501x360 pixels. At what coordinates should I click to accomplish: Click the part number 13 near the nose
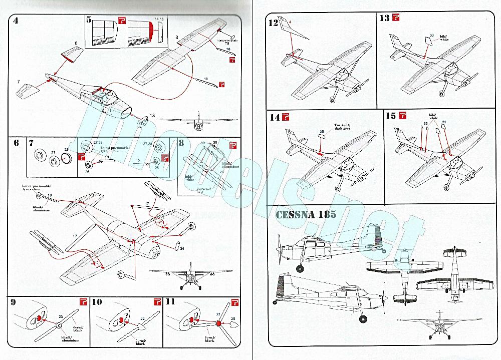tap(152, 116)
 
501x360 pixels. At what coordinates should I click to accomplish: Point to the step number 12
tap(273, 23)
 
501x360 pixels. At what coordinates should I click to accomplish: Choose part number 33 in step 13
tap(431, 35)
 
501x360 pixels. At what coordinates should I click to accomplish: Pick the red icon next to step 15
tap(403, 116)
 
